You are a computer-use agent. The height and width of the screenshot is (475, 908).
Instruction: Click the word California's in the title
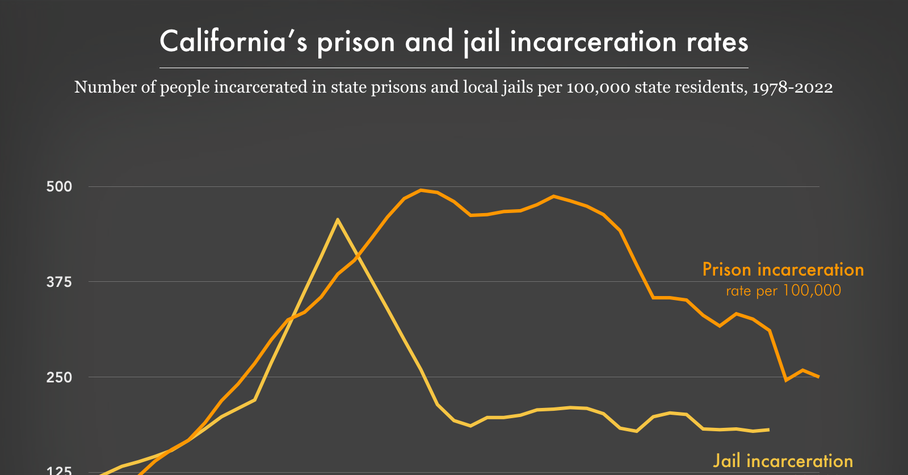point(234,42)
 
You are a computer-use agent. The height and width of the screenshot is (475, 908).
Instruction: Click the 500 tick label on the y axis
point(59,186)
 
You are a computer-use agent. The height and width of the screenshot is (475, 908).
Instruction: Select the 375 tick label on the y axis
point(59,282)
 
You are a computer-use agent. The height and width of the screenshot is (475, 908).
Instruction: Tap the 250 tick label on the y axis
point(59,377)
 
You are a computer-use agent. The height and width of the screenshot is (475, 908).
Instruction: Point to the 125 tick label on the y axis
point(59,470)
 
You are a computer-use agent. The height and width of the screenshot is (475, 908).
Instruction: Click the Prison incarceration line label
point(783,269)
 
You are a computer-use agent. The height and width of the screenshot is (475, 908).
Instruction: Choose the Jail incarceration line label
point(783,461)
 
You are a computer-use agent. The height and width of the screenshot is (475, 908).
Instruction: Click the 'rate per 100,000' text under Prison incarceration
point(783,291)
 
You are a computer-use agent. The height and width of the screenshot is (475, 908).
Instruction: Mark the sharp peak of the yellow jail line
point(338,219)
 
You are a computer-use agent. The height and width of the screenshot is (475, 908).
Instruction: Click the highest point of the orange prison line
point(421,190)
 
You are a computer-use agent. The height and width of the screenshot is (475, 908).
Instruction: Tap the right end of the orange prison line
point(818,377)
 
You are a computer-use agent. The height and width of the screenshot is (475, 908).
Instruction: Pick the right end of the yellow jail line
point(768,430)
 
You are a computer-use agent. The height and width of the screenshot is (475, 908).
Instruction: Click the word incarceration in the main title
point(593,42)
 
